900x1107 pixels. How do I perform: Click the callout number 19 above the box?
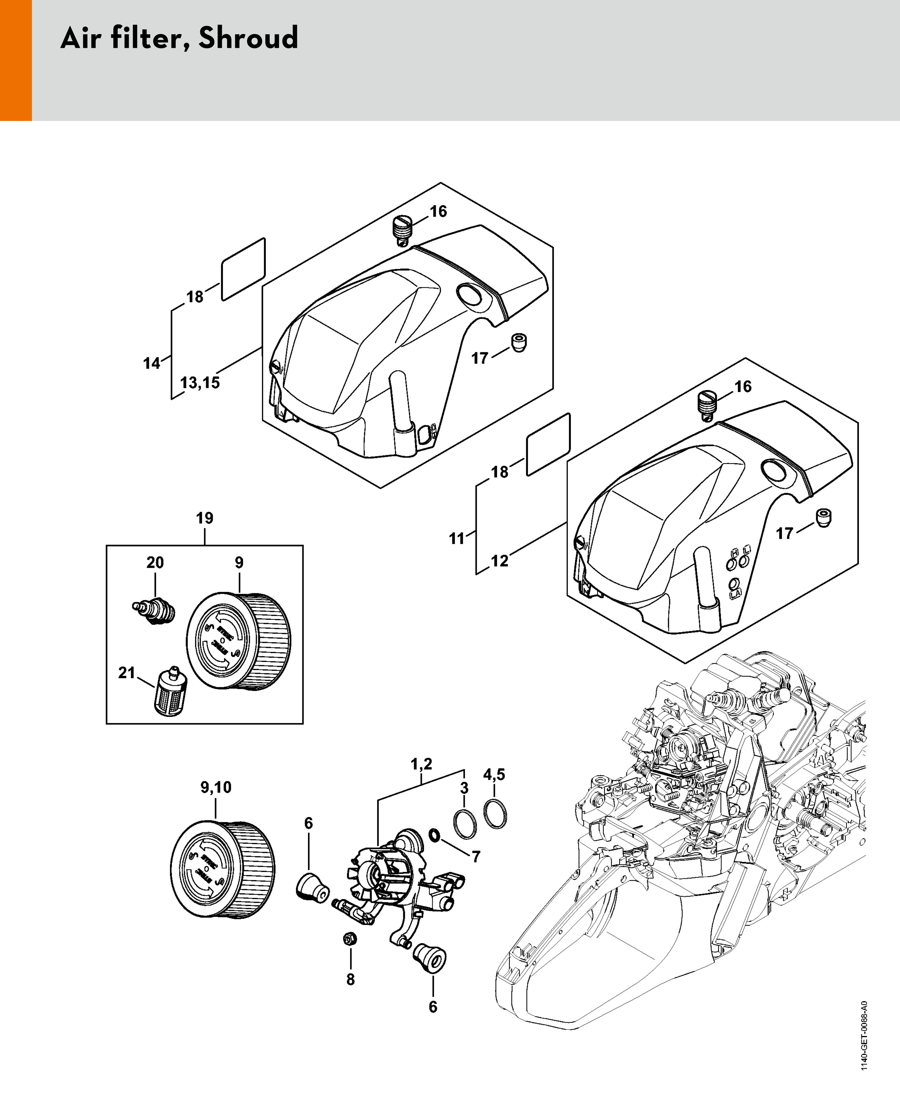(205, 518)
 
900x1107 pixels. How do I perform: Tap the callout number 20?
(155, 562)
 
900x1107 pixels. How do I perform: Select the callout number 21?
(126, 673)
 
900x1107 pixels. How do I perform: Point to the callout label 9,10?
(216, 787)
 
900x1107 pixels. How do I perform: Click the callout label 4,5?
(494, 775)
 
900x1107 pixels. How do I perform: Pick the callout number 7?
(476, 856)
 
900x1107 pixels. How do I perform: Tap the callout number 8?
(351, 979)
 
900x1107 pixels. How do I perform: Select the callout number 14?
(152, 363)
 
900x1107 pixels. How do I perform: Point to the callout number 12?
(500, 561)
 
